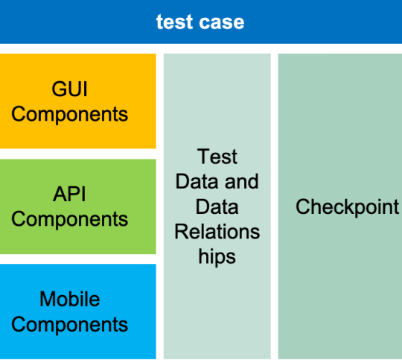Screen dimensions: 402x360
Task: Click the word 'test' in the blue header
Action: [174, 22]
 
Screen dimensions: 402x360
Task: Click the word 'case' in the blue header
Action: [222, 22]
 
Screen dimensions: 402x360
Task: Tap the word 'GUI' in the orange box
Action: [69, 89]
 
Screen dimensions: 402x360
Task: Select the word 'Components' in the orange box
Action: [69, 114]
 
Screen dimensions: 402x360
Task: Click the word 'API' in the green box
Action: [69, 194]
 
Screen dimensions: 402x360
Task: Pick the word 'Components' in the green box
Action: [69, 219]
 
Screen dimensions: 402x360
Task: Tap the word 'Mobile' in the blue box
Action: [70, 299]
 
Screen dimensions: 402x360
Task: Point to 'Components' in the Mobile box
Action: [69, 324]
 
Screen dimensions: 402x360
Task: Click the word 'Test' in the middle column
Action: [217, 157]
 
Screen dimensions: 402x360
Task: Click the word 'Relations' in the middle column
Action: [217, 232]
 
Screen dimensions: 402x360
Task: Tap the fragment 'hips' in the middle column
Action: [217, 257]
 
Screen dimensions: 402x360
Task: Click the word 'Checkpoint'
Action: [347, 206]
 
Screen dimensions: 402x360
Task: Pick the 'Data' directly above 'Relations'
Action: [217, 206]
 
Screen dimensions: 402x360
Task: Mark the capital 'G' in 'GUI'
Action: [59, 89]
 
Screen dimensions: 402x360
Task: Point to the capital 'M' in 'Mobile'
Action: [47, 299]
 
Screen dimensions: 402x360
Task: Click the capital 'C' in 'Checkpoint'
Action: [302, 206]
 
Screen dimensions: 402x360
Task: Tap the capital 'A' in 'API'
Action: [60, 194]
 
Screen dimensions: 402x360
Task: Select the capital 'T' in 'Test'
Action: [203, 157]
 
